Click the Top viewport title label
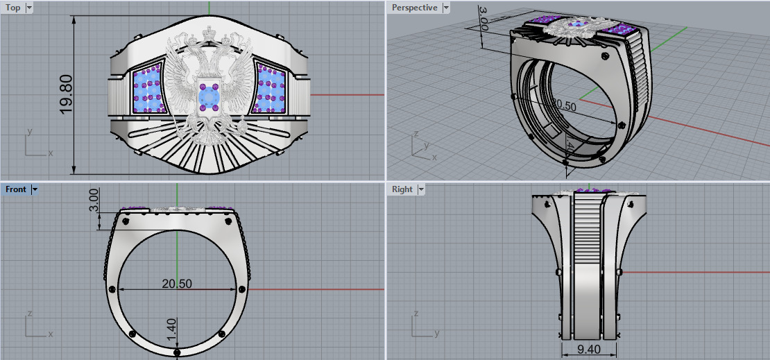tap(13, 8)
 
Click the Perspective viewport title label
tap(414, 8)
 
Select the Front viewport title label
tap(15, 189)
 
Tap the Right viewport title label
tap(402, 189)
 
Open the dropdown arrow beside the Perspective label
tap(446, 8)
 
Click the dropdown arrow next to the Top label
tap(28, 8)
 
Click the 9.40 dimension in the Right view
tap(588, 348)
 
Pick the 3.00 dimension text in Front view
tap(95, 200)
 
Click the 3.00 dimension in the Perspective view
tap(484, 19)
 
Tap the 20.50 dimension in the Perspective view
tap(563, 106)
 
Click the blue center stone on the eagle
tap(207, 96)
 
